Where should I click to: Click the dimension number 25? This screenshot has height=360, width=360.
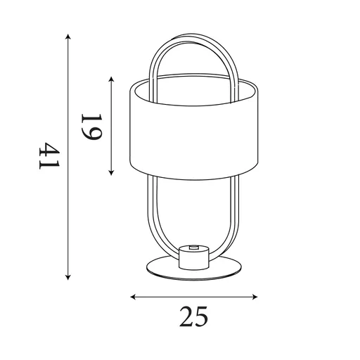click(x=193, y=318)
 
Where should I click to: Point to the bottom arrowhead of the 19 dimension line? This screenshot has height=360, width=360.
click(x=112, y=174)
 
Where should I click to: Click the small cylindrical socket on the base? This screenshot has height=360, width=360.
click(x=194, y=258)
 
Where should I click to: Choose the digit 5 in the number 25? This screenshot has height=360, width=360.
click(x=202, y=318)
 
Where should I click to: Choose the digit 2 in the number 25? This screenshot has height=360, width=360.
click(x=185, y=318)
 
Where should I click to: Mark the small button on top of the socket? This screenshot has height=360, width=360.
click(x=194, y=248)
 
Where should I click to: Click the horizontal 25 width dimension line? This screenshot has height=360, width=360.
click(x=193, y=297)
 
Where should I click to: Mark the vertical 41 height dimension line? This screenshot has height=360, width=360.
click(x=68, y=211)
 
